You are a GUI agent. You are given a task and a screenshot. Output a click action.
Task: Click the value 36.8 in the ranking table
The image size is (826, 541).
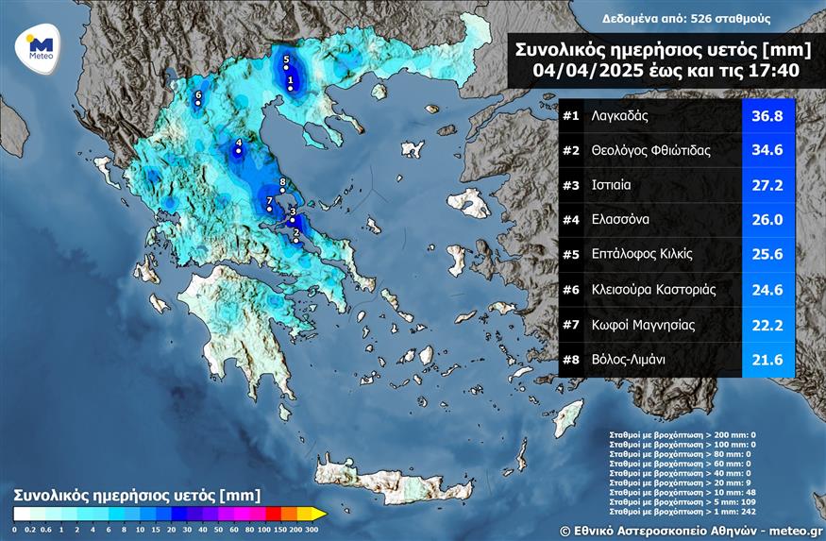[767, 116]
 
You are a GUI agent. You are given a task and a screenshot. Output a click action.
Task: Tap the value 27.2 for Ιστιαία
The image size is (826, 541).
[767, 185]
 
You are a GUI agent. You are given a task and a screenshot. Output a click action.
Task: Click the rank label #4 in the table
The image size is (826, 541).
[570, 220]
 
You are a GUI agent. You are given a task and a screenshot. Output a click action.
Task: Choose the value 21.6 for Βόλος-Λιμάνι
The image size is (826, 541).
[767, 359]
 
